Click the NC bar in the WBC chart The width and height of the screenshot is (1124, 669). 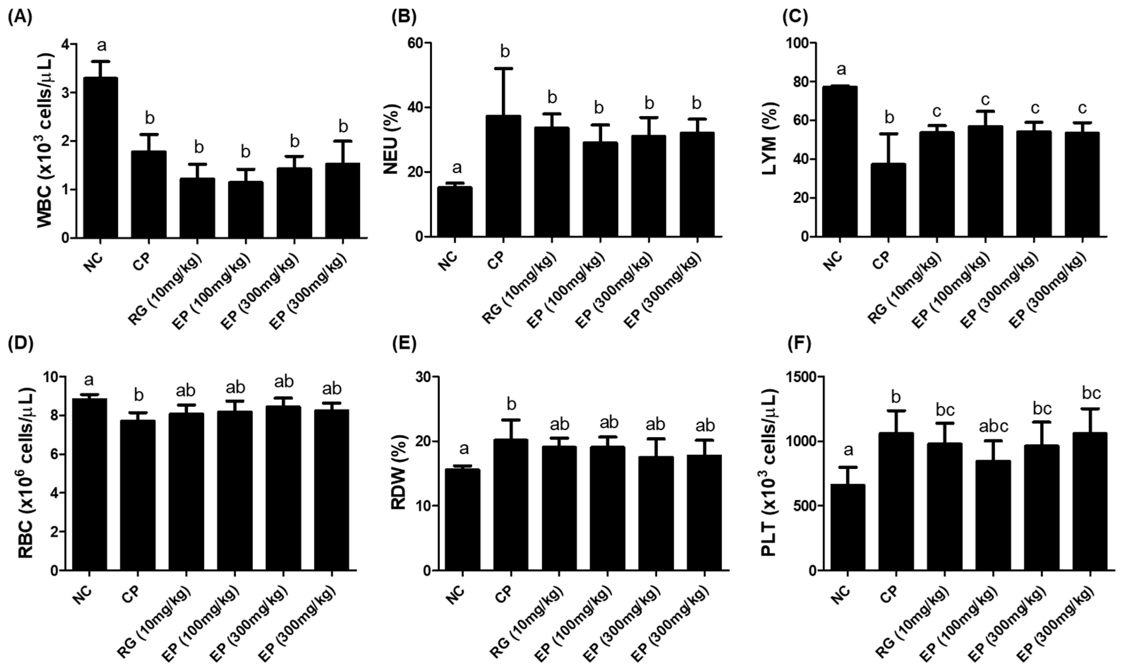tap(101, 158)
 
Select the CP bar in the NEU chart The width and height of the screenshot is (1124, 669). tap(504, 176)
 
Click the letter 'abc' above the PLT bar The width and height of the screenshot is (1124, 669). tap(992, 426)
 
